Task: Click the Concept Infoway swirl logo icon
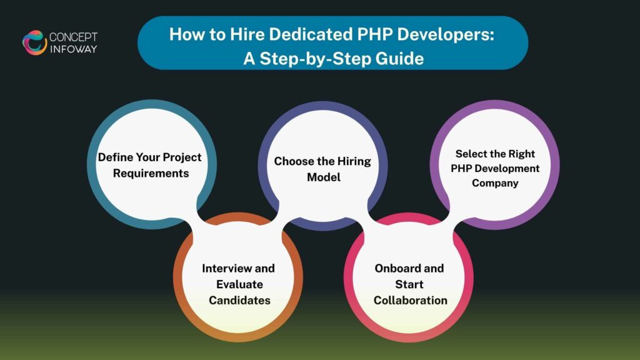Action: click(35, 42)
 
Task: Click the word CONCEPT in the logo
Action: click(74, 37)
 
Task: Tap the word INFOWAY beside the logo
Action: click(74, 49)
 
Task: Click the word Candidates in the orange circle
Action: click(239, 301)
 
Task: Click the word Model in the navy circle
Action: click(323, 177)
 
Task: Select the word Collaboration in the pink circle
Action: click(411, 300)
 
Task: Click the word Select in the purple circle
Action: click(472, 153)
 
